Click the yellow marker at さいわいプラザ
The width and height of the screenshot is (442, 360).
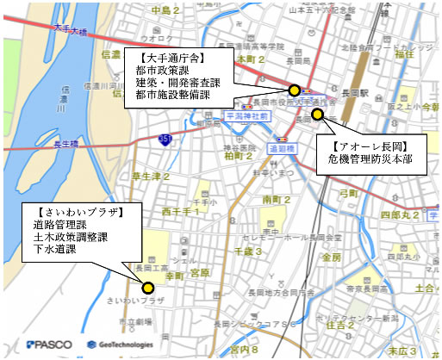point(148,289)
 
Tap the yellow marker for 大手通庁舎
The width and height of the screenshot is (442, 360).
point(295,90)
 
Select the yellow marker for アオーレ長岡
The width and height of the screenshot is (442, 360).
point(317,114)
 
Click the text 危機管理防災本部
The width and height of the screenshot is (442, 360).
point(370,159)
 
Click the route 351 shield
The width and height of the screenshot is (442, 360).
point(165,139)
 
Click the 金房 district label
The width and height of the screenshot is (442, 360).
point(331,257)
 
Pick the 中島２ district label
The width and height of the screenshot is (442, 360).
point(165,10)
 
